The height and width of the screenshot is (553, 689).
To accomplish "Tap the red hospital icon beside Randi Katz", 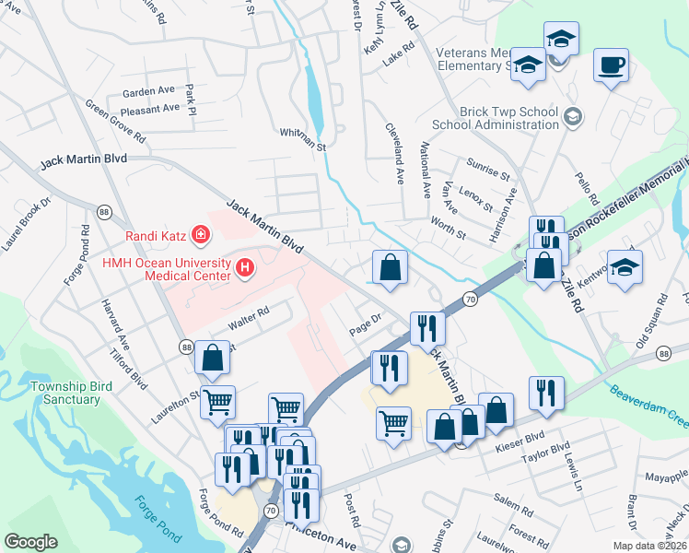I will (x=200, y=236).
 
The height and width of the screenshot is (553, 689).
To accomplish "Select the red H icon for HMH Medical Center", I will (x=245, y=268).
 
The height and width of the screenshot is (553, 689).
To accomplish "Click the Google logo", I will (x=30, y=542).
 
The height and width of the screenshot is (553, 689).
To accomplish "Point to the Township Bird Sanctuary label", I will (x=64, y=393).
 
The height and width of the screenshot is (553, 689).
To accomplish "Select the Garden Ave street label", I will (x=148, y=92).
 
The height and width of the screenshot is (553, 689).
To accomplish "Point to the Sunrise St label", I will (x=489, y=172).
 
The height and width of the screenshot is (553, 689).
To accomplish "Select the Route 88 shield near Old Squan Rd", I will (x=662, y=353).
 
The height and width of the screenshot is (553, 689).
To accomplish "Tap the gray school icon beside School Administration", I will (x=573, y=116).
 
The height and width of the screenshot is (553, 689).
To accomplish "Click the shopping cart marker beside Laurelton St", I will (x=217, y=401).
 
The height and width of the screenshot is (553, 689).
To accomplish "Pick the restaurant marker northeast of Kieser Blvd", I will (x=546, y=392).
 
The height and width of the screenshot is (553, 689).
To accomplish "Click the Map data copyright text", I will (x=650, y=546).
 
